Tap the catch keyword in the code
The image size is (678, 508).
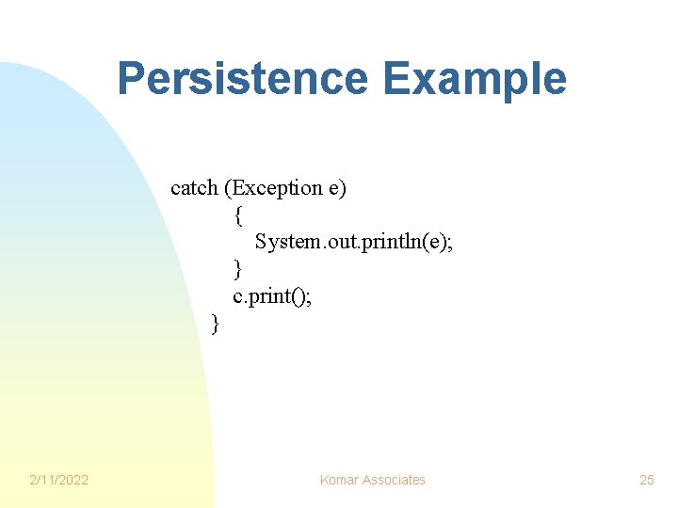[x=194, y=188]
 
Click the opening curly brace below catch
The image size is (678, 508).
[x=238, y=215]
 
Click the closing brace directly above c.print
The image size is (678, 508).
[x=238, y=270]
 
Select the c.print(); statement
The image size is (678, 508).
[x=271, y=297]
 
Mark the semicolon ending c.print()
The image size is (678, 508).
[x=308, y=297]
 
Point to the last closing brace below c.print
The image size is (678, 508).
[x=216, y=325]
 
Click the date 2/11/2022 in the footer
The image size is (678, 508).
[x=58, y=480]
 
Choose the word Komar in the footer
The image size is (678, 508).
[x=340, y=480]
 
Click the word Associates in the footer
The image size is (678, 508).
[x=394, y=480]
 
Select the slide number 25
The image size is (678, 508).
[x=647, y=480]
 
